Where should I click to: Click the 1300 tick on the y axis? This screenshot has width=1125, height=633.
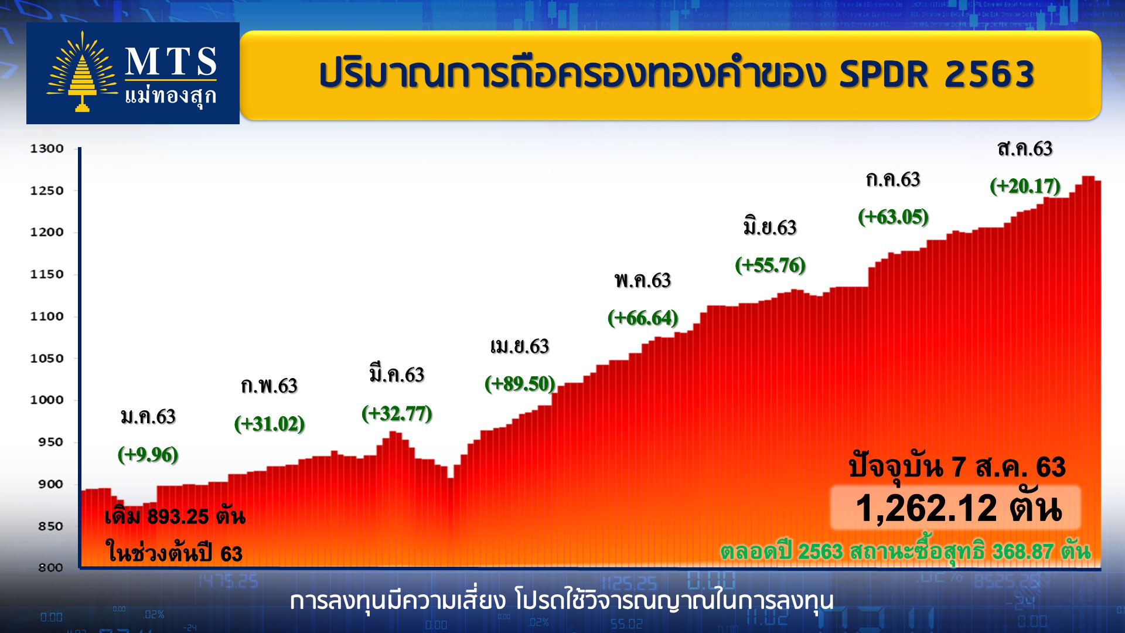tap(47, 148)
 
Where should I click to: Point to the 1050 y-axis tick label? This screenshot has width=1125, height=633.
tap(47, 358)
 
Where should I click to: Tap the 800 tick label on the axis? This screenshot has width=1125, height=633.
tap(50, 567)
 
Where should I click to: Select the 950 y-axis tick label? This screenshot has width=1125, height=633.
tap(50, 442)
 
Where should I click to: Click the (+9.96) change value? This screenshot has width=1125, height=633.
tap(148, 454)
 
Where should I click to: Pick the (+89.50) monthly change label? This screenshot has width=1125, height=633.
tap(520, 384)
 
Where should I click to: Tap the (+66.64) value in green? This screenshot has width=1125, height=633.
tap(643, 318)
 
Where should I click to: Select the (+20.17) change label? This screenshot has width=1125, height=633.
tap(1025, 186)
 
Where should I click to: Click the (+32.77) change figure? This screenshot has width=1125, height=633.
tap(397, 414)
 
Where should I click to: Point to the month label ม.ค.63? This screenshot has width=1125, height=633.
tap(148, 417)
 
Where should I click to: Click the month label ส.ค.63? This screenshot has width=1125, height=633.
tap(1025, 149)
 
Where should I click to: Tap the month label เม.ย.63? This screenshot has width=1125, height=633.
tap(520, 346)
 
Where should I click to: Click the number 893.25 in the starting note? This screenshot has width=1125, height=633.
tap(178, 516)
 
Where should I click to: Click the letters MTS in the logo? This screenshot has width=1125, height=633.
tap(171, 62)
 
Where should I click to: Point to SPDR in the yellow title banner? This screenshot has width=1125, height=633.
tap(884, 74)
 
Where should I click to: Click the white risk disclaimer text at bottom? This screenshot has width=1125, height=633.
tap(561, 601)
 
